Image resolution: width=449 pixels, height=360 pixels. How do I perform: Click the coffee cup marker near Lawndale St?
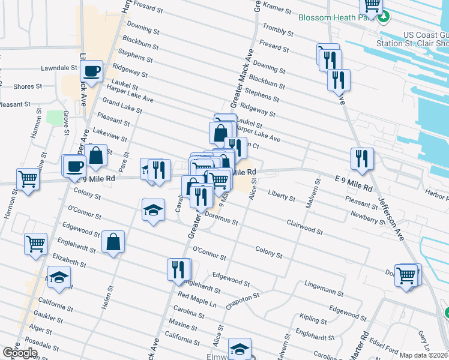pos(92,71)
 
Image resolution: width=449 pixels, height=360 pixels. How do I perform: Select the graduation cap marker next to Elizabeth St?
pos(59,277)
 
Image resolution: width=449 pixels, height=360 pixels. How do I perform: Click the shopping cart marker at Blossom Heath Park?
pos(372,5)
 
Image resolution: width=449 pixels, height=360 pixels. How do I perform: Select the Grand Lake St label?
pos(122,106)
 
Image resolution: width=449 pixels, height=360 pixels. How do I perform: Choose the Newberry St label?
pos(367,218)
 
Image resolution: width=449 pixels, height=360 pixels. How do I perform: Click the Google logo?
pos(20,353)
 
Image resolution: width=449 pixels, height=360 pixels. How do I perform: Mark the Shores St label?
pos(28,86)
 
